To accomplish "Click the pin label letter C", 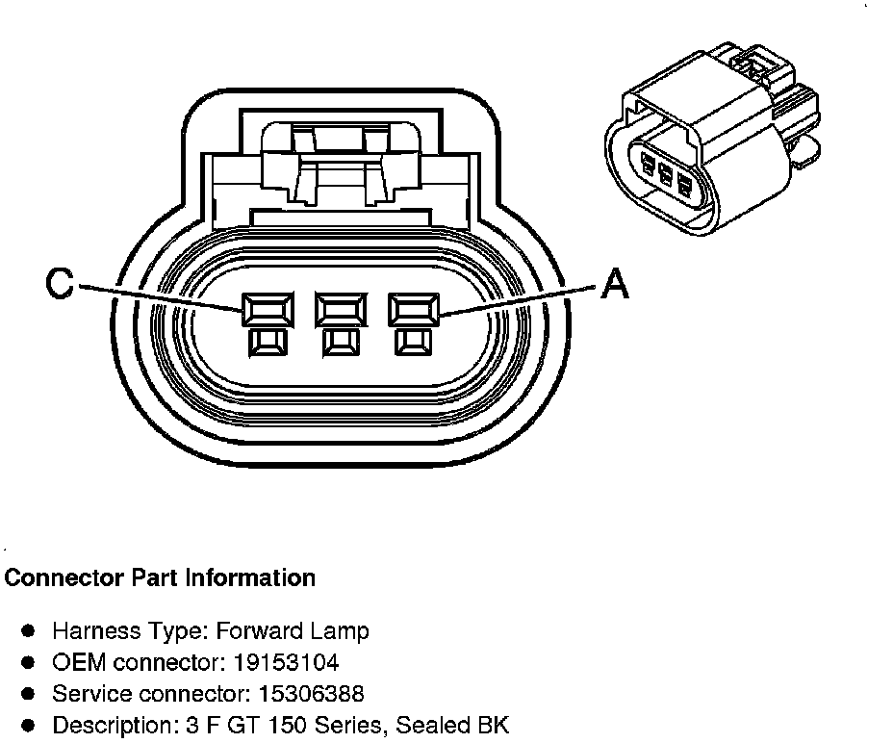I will click(61, 285).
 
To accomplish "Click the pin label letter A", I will click(615, 285).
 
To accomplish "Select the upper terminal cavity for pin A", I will click(414, 309).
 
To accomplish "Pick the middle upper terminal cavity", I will click(340, 309).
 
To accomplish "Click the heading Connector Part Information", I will click(161, 578).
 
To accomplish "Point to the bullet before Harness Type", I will click(29, 632).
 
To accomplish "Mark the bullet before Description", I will click(29, 725).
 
